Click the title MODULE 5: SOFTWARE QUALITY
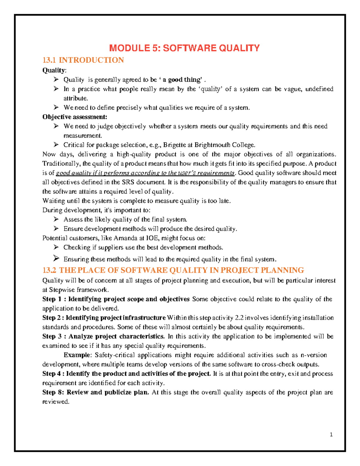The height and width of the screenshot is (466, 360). (184, 48)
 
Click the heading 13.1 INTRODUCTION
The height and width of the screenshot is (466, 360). (83, 60)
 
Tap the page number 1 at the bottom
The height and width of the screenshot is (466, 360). (331, 434)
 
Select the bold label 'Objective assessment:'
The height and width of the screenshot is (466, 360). (75, 117)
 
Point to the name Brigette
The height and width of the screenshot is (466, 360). (174, 145)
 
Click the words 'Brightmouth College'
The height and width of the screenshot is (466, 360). (224, 145)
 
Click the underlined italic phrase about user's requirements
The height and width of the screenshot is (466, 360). (145, 173)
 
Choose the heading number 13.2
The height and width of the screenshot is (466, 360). (49, 270)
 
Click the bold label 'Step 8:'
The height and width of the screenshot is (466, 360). (53, 392)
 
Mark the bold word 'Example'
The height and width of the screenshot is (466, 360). (77, 355)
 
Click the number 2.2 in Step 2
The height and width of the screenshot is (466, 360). (239, 317)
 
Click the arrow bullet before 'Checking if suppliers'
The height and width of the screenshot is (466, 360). (56, 247)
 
